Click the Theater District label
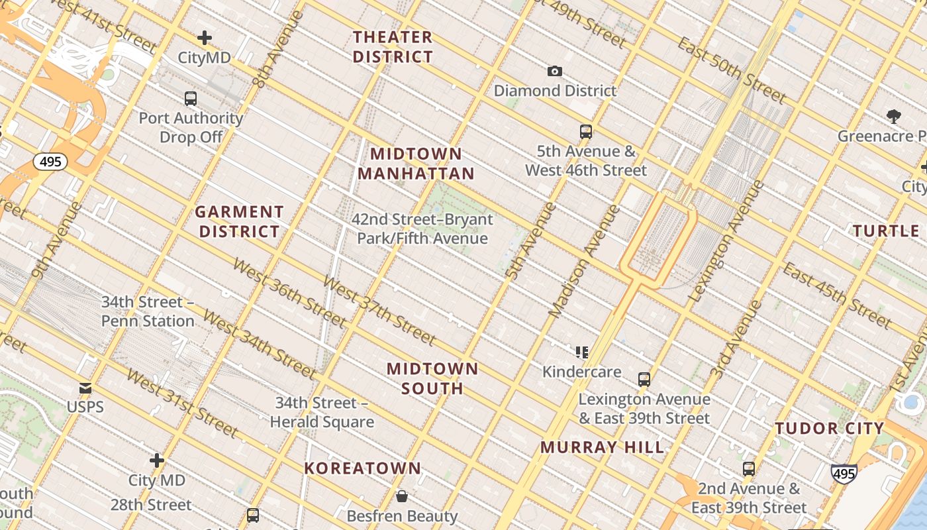click(x=393, y=46)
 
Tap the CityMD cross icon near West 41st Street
click(x=205, y=38)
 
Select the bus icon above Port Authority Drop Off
click(x=191, y=99)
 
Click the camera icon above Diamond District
click(x=555, y=71)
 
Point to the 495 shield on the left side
click(x=50, y=162)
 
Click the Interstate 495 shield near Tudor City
click(x=844, y=474)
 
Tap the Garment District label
click(x=239, y=222)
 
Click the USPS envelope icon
click(x=85, y=388)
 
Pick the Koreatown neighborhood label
click(x=362, y=468)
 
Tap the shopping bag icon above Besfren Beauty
click(x=401, y=496)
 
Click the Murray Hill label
click(x=602, y=447)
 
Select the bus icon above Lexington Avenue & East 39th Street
click(x=644, y=380)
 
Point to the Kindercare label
click(x=581, y=372)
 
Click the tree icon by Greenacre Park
click(x=894, y=117)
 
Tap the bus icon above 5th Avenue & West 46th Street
click(x=585, y=131)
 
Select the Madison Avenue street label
click(x=585, y=261)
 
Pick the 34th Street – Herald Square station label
click(x=322, y=412)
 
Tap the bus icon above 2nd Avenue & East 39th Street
click(x=748, y=469)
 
